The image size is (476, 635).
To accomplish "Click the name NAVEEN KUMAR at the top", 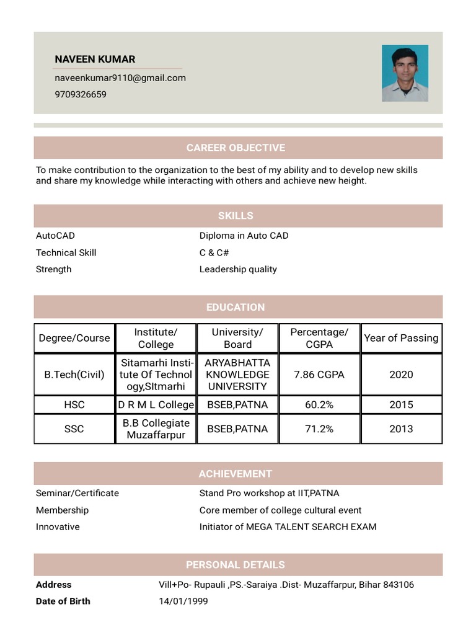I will click(x=95, y=60).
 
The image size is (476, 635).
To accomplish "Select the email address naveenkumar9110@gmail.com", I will click(x=120, y=78).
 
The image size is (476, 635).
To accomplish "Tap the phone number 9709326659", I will click(x=81, y=95).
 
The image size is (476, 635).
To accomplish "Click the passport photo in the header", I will click(x=405, y=73).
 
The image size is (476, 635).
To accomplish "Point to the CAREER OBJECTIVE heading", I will click(x=236, y=148).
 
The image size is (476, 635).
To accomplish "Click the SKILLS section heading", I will click(x=236, y=216).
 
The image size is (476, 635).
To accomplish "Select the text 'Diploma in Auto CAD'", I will click(x=244, y=236).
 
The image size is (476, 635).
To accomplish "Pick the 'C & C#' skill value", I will click(x=214, y=252).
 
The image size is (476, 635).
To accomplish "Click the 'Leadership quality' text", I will click(x=238, y=269).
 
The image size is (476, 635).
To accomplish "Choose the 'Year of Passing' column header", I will click(x=401, y=338).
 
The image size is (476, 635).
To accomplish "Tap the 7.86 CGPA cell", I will click(x=319, y=375).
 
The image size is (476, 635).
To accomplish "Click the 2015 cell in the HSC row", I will click(x=401, y=405).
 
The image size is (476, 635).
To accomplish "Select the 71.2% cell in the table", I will click(x=319, y=429).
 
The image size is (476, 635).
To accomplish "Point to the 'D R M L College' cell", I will click(x=156, y=405).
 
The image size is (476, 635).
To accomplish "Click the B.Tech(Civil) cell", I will click(x=74, y=375).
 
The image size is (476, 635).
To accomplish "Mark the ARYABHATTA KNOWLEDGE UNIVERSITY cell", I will click(x=237, y=375).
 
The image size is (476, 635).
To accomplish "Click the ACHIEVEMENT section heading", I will click(x=236, y=474).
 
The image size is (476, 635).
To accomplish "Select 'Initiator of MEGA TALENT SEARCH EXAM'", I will click(x=288, y=527).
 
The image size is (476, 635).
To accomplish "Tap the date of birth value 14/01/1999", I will click(x=183, y=602).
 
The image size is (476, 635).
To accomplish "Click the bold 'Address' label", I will click(x=54, y=585).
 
